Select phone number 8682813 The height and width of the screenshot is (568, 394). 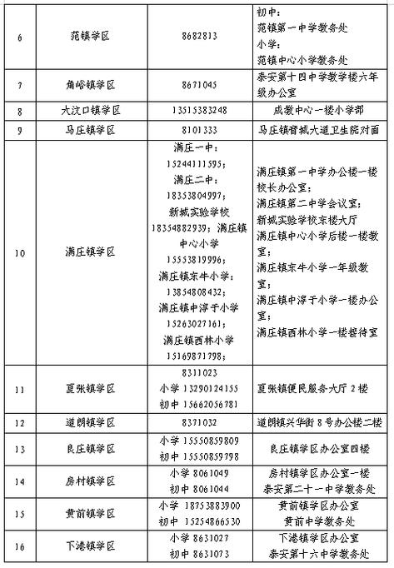point(199,37)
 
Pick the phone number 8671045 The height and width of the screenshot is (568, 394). point(199,85)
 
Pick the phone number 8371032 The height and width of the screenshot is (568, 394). point(199,422)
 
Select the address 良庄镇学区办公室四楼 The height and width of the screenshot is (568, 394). point(312,448)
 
